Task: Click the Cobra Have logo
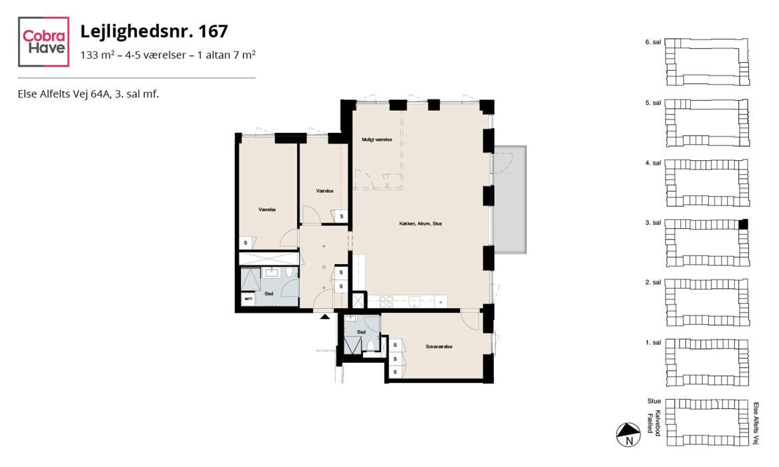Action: coord(43,41)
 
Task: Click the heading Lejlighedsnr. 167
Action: coord(154,31)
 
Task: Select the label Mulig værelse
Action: coord(377,139)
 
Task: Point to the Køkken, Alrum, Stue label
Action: coord(421,223)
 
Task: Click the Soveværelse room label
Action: coord(439,347)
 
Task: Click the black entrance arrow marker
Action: coord(325,316)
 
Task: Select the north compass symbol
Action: coord(628,435)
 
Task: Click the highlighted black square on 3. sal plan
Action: coord(743,223)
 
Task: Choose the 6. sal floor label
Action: coord(653,42)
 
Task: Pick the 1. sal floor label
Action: coord(653,342)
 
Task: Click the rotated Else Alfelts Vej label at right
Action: coord(756,424)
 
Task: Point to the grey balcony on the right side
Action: coord(510,199)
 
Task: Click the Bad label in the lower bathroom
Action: coord(361,332)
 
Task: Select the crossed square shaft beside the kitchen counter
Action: coord(358,301)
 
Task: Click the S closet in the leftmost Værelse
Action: coord(246,244)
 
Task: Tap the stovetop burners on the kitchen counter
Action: coord(386,302)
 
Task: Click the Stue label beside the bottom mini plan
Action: coord(654,401)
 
